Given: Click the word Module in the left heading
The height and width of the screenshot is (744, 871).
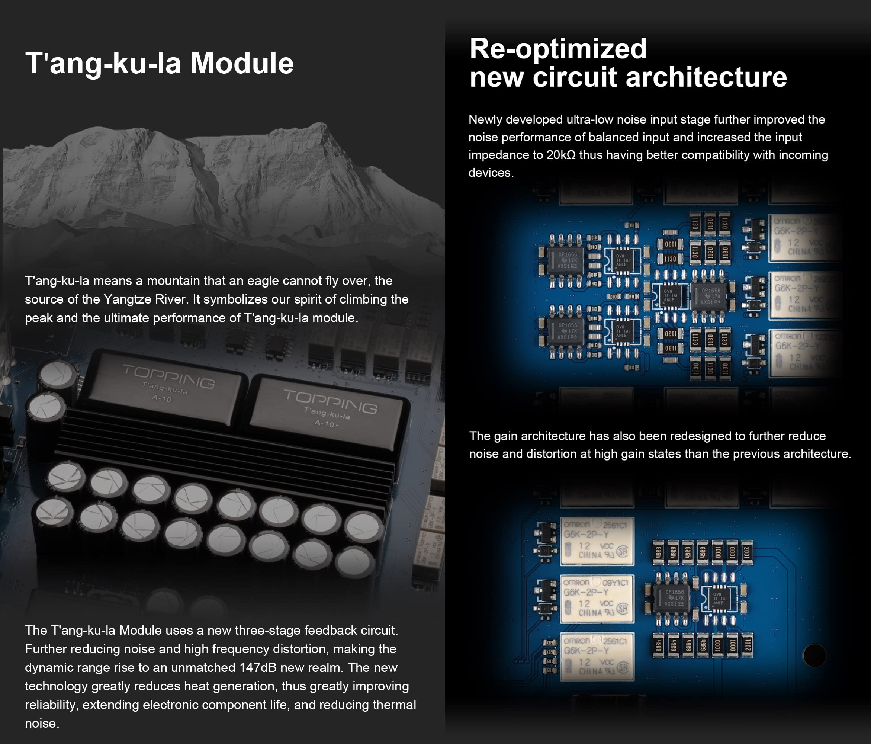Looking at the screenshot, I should point(242,63).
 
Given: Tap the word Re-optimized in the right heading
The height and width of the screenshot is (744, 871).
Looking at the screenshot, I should point(558,48).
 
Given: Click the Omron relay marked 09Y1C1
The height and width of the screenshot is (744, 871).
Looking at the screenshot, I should point(597,599).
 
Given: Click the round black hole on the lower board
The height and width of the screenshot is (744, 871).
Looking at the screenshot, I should point(814,655).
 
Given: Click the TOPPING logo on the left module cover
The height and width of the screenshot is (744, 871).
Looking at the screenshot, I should point(168,376).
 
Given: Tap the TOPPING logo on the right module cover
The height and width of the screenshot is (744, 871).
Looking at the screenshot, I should point(330,402).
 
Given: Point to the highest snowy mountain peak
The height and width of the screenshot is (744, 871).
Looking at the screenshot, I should point(319,125).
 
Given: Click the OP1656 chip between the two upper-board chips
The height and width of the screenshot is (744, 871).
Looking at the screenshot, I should point(710,296).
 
